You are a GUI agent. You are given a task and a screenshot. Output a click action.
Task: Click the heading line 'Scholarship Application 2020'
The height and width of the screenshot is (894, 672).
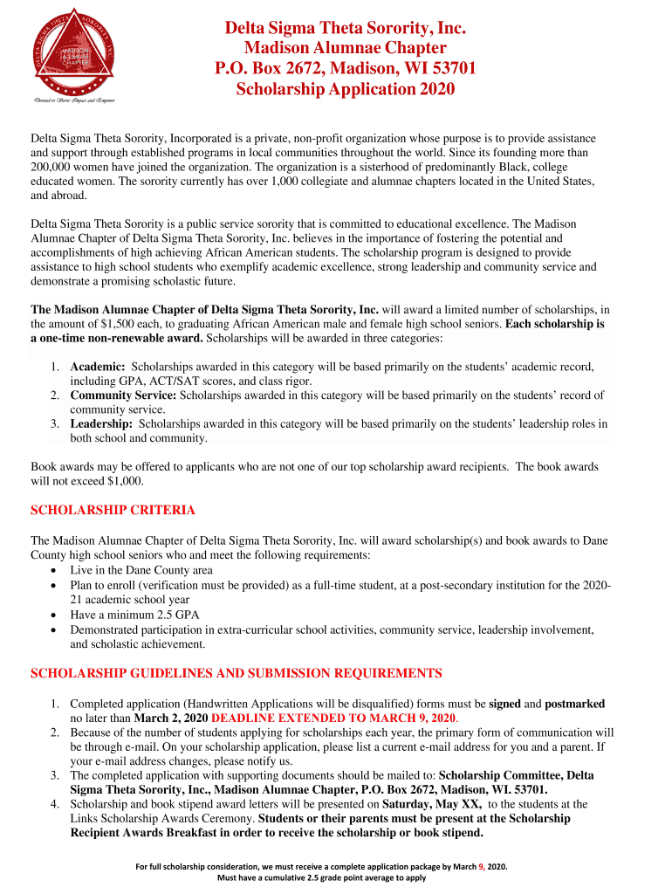(x=346, y=90)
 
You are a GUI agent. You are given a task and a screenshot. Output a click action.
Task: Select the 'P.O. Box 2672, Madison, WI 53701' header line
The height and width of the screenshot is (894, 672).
(x=346, y=69)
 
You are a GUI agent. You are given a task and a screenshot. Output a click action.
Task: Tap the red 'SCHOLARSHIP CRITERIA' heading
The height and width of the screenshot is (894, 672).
(x=113, y=510)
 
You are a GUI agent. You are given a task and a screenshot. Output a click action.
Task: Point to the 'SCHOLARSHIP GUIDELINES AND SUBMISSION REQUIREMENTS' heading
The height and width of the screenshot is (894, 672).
(x=237, y=673)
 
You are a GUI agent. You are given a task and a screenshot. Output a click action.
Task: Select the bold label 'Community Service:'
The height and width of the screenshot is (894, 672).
(x=123, y=395)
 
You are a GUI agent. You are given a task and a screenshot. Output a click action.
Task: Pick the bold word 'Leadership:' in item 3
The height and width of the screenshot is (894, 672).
(x=101, y=423)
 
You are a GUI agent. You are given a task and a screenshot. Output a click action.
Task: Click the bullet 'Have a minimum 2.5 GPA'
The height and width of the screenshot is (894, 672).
(x=134, y=615)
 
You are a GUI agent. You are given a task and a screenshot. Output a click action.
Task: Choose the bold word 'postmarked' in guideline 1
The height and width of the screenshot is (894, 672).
(x=574, y=704)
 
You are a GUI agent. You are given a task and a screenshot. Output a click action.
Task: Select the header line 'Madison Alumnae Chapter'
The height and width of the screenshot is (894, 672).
(x=346, y=48)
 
